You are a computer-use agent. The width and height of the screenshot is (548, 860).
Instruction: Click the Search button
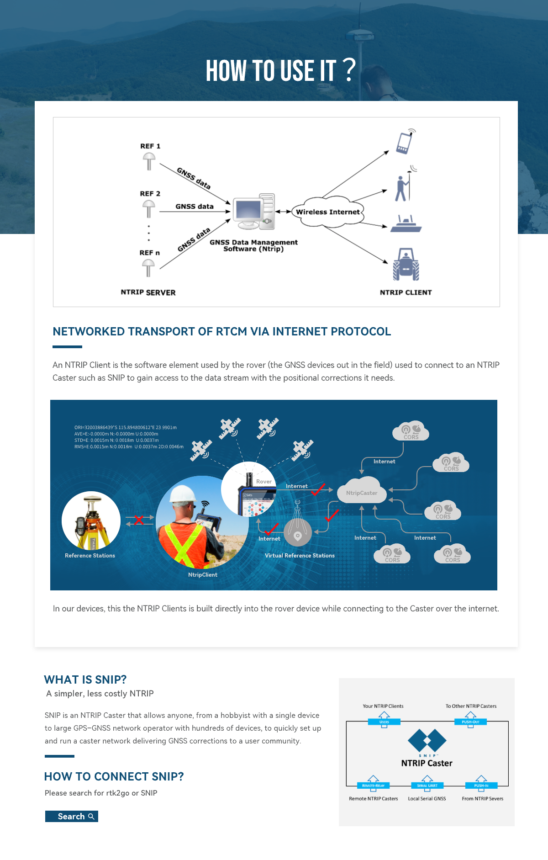(72, 816)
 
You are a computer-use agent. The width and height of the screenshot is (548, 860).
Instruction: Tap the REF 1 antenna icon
(149, 161)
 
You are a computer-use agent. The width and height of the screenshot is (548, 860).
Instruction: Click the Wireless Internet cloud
(328, 212)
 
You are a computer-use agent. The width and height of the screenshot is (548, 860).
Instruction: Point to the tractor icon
(406, 264)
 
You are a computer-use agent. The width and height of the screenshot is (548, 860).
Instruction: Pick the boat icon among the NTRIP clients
(406, 224)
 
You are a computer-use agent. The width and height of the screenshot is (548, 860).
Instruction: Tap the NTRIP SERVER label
(148, 292)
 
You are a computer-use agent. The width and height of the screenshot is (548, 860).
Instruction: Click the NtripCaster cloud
(362, 492)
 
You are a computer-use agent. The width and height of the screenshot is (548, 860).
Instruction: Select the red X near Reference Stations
(139, 520)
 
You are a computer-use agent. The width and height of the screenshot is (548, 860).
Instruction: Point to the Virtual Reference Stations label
(300, 556)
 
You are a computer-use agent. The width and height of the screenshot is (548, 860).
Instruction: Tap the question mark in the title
(349, 69)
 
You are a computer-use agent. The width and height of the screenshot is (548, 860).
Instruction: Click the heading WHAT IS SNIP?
(85, 680)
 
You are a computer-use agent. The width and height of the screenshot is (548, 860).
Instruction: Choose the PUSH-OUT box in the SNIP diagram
(470, 722)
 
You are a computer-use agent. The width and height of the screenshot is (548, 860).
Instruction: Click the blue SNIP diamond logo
(427, 740)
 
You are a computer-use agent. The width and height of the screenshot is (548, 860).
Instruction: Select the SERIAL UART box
(427, 786)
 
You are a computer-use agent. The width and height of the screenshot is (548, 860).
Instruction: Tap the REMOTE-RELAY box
(373, 786)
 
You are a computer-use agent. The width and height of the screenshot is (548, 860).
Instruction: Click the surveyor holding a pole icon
(403, 186)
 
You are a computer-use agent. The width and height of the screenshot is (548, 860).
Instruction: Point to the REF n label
(149, 253)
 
